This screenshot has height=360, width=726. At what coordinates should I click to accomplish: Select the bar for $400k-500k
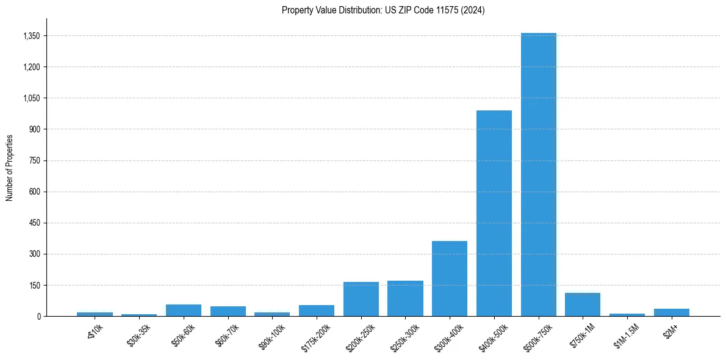tap(494, 214)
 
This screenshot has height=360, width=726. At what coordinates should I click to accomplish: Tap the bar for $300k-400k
tap(450, 279)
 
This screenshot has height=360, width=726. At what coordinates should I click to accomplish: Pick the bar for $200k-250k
tap(361, 299)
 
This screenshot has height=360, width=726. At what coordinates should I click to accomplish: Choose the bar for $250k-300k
tap(405, 298)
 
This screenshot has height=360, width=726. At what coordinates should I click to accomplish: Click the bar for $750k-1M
tap(583, 304)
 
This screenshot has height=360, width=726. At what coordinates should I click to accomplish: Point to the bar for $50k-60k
tap(184, 310)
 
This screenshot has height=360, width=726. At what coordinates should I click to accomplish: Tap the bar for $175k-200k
tap(317, 311)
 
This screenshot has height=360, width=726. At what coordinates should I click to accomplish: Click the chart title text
tap(383, 10)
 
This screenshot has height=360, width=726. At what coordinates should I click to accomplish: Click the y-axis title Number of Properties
tap(10, 167)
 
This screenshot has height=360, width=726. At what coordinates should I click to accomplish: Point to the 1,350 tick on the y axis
tap(31, 36)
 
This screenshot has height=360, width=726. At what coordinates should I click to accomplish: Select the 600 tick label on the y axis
tap(34, 192)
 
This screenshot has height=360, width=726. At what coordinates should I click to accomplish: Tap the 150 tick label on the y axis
tap(34, 285)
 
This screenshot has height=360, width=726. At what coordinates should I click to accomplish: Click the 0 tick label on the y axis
tap(38, 316)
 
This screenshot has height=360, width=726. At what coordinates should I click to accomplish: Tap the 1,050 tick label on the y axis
tap(31, 98)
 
